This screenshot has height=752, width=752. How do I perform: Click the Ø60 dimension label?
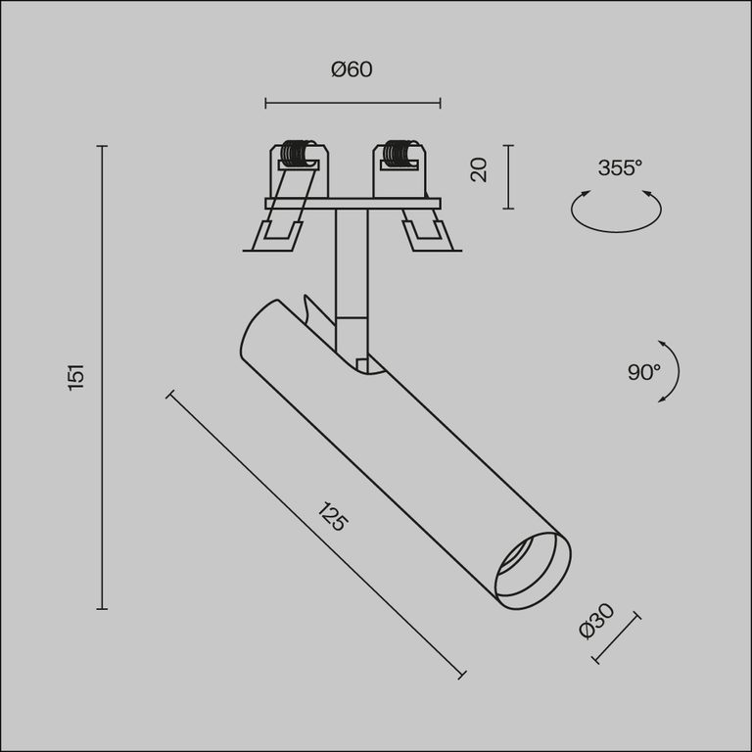(x=352, y=70)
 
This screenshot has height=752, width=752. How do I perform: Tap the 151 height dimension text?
(x=76, y=377)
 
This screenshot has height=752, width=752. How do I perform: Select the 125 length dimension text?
(x=332, y=517)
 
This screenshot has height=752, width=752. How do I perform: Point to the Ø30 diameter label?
(x=596, y=622)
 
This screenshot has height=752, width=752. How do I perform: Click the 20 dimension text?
(x=479, y=169)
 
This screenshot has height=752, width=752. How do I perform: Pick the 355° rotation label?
(x=620, y=167)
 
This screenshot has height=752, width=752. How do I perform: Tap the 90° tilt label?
(x=644, y=372)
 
